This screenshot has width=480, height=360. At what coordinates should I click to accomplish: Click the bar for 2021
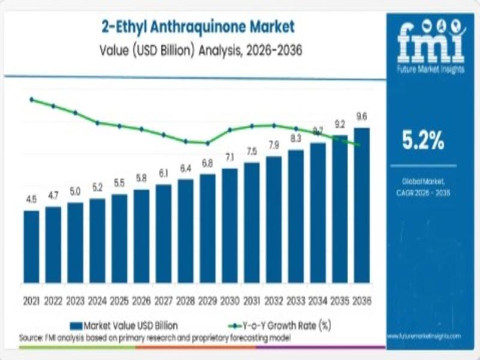click(31, 246)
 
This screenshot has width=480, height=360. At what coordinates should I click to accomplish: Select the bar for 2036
click(362, 205)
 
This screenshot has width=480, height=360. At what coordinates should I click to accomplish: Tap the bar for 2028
click(185, 230)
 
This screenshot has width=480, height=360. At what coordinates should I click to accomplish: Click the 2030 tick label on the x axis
click(229, 300)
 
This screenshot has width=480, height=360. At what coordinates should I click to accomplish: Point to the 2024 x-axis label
click(97, 300)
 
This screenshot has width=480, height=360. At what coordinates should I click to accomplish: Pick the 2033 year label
click(295, 300)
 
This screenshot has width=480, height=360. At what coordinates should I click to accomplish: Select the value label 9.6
click(362, 116)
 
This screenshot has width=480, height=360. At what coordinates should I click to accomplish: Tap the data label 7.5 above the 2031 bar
click(251, 151)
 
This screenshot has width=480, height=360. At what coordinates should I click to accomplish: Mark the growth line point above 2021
click(31, 100)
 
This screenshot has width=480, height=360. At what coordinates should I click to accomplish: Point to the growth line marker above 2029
click(208, 143)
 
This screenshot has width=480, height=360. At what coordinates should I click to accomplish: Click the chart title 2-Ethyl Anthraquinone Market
click(193, 26)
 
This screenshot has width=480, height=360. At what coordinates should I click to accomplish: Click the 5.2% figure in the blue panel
click(423, 141)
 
